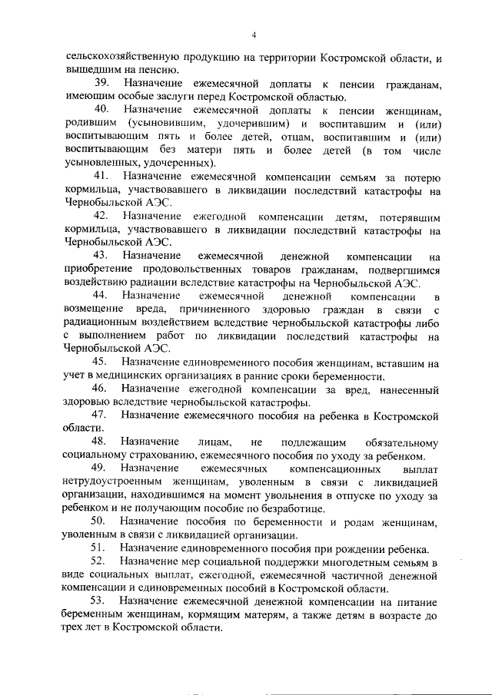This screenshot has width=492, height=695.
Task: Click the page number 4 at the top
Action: coord(253,33)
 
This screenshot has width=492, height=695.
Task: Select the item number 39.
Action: coord(101,82)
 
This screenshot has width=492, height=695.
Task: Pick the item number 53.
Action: coord(101,600)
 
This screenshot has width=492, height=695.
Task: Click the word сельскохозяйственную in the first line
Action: coord(122,56)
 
